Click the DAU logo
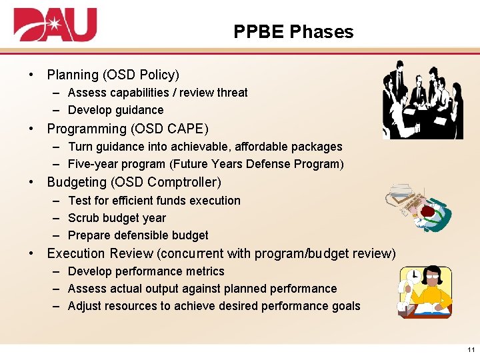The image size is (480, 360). [55, 25]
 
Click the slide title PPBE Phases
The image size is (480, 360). [293, 31]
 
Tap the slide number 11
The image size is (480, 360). [471, 350]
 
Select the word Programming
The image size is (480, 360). [86, 129]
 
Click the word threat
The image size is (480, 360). [232, 93]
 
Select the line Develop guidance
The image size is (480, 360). [115, 110]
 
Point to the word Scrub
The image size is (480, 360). [83, 218]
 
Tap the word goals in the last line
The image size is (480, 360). [346, 306]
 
